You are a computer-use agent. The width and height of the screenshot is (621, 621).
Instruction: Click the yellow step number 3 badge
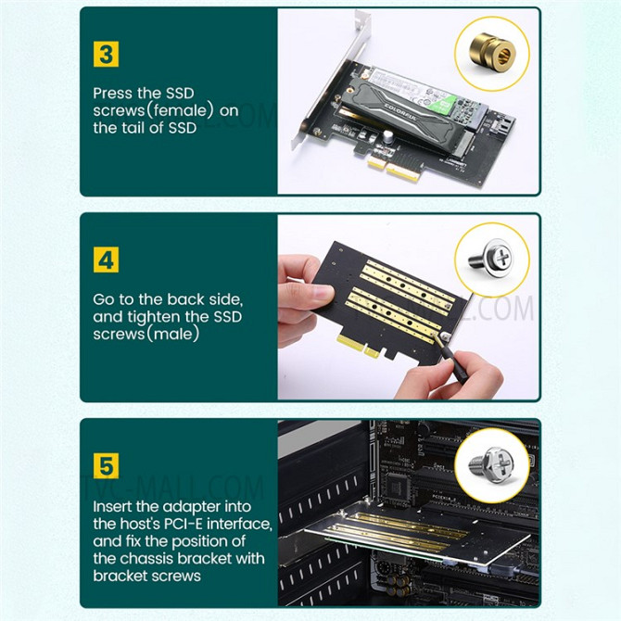(x=107, y=55)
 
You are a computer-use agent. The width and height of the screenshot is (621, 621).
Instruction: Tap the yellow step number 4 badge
(x=107, y=260)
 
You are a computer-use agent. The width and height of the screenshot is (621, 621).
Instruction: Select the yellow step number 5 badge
(x=107, y=466)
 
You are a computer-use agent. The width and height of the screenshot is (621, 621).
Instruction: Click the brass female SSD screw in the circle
(x=492, y=52)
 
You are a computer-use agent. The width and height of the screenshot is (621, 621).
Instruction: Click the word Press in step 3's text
(x=112, y=93)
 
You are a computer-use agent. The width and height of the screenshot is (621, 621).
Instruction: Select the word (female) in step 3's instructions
(x=180, y=110)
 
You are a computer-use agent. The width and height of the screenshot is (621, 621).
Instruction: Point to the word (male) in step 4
(x=173, y=334)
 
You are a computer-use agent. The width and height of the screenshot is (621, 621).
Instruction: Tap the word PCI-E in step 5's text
(x=183, y=524)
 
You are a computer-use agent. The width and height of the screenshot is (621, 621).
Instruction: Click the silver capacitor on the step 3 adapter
(x=387, y=137)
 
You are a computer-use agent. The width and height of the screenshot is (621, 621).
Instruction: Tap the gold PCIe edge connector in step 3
(x=395, y=169)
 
